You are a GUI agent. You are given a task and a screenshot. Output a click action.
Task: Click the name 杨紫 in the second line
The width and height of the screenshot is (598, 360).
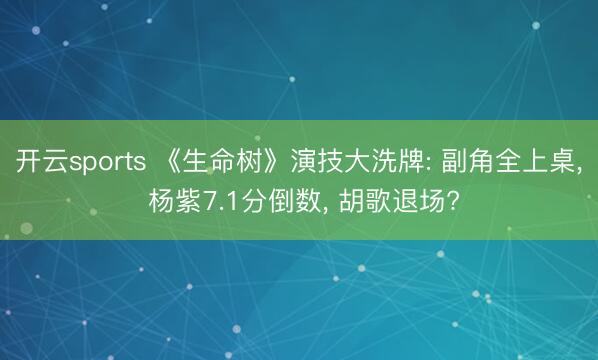pyautogui.click(x=175, y=200)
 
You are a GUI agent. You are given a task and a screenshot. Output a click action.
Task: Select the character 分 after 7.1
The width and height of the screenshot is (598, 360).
pyautogui.click(x=255, y=200)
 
